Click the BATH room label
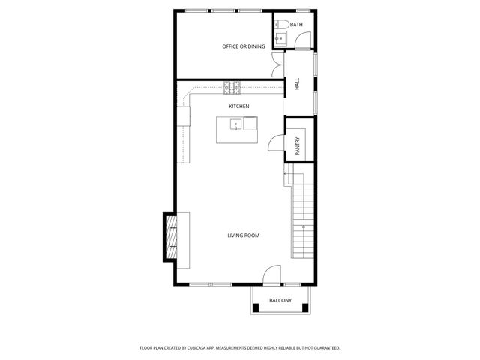[x=296, y=25]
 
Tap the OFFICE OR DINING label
[x=244, y=46]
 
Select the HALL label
[x=297, y=85]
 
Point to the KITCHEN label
[x=239, y=106]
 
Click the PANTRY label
[x=298, y=145]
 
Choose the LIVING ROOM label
[x=244, y=235]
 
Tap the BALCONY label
[x=280, y=301]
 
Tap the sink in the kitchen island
[x=235, y=124]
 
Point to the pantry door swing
[x=276, y=141]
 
